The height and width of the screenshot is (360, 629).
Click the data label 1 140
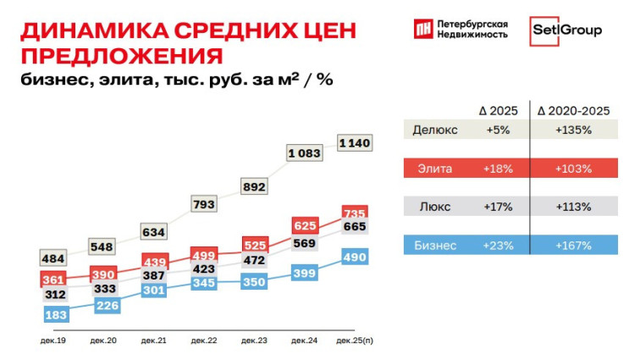click(354, 144)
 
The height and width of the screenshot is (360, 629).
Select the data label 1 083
click(303, 153)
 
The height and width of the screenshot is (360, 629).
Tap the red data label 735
click(354, 213)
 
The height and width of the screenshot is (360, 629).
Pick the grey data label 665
click(355, 228)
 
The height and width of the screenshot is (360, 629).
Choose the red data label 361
click(54, 280)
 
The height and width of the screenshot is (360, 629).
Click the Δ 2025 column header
click(497, 111)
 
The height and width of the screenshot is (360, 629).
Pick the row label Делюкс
click(435, 130)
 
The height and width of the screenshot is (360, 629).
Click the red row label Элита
click(435, 169)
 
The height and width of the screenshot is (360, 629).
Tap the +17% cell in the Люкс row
click(497, 207)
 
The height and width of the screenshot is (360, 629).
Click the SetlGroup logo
click(566, 31)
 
